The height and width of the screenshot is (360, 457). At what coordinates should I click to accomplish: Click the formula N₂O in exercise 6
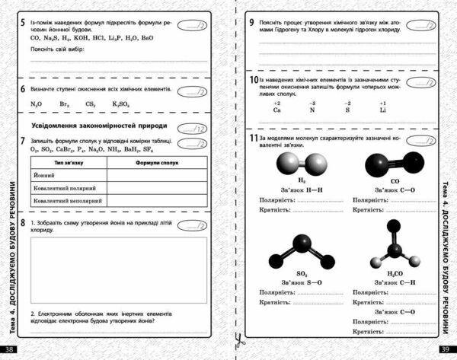36,104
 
